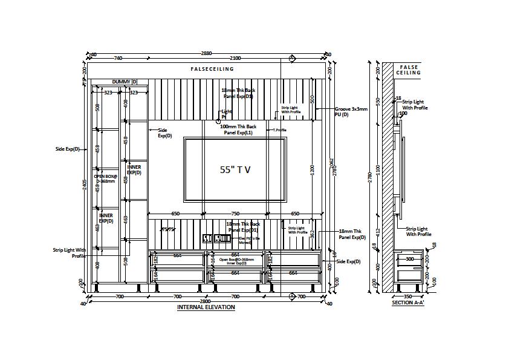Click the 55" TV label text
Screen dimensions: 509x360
(235, 171)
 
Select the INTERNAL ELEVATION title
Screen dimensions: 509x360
(206, 307)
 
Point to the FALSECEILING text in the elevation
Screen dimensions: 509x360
(212, 69)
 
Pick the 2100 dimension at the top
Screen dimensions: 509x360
(235, 58)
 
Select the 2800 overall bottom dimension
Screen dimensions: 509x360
(206, 301)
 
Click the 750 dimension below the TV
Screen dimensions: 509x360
(235, 214)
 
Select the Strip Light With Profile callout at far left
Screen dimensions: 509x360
(69, 253)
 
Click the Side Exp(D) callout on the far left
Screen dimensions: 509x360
(67, 149)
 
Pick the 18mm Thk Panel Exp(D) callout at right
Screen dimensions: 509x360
(352, 235)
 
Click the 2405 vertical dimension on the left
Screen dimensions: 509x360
(85, 185)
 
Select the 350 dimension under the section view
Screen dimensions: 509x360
(407, 296)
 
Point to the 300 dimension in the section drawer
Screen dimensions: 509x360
(410, 259)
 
